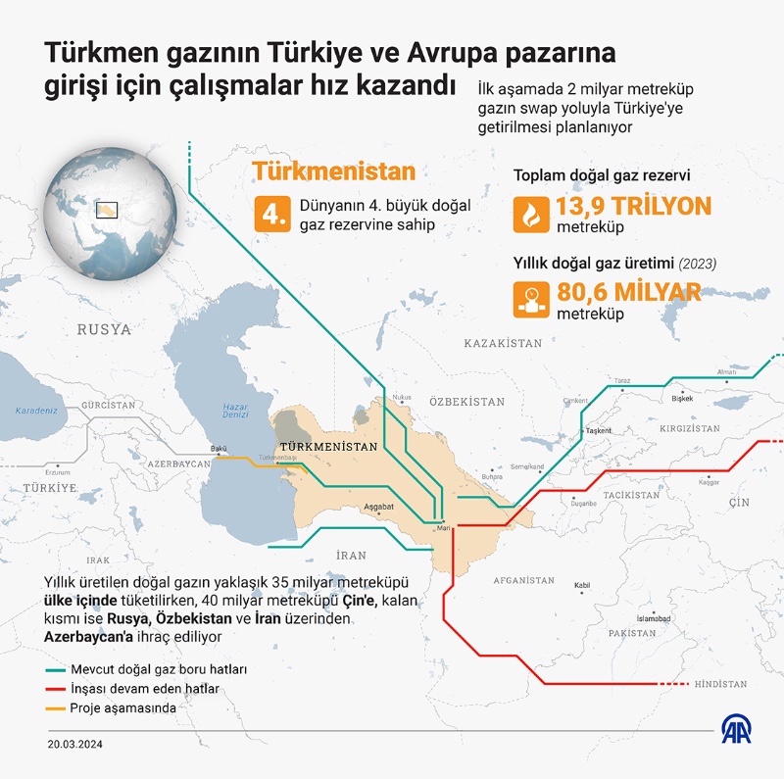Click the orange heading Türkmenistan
(x=334, y=171)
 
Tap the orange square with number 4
(x=271, y=216)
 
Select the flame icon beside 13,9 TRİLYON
(x=531, y=213)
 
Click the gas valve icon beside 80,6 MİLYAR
(x=531, y=298)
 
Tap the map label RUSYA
(x=104, y=329)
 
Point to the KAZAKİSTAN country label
(x=503, y=344)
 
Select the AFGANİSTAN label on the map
(x=523, y=580)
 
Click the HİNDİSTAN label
(x=719, y=684)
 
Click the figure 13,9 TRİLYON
(x=632, y=207)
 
